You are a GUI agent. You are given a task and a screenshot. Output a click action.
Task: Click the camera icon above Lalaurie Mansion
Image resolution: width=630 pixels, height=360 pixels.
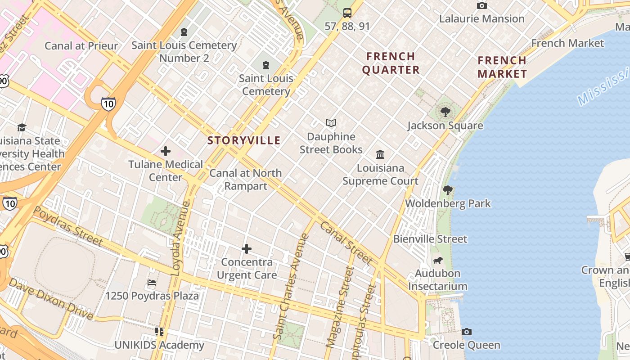(481, 6)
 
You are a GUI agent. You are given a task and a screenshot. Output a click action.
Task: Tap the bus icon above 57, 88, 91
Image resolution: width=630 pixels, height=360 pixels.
(347, 13)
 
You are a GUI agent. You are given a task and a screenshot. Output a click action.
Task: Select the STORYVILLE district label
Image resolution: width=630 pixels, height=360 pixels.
(244, 140)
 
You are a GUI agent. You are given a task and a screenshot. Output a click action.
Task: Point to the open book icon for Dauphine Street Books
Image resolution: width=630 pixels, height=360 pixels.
(331, 123)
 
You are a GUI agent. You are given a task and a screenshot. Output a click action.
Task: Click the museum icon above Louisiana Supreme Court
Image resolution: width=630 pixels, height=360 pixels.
(380, 154)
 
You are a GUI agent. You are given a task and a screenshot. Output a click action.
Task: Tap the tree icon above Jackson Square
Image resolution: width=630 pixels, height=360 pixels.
(445, 112)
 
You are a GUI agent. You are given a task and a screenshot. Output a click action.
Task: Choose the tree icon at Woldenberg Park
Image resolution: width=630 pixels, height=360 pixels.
(448, 190)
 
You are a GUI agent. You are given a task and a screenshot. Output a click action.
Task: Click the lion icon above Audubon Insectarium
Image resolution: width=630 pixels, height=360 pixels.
(437, 260)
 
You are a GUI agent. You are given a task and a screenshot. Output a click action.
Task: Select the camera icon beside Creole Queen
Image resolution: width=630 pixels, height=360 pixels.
(467, 332)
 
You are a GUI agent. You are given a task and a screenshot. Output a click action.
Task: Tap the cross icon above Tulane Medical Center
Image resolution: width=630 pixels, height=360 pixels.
(166, 151)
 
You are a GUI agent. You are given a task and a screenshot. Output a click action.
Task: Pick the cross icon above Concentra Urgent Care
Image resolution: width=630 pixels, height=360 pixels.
(247, 249)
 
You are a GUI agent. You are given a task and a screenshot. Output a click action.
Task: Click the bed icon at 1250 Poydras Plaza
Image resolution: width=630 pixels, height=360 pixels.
(152, 283)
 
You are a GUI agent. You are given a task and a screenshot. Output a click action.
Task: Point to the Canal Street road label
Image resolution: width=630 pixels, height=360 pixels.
(346, 243)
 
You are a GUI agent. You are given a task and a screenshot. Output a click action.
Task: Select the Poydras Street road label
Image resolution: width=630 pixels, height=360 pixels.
(68, 226)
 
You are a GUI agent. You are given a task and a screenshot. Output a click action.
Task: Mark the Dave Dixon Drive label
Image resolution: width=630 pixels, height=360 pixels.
(50, 299)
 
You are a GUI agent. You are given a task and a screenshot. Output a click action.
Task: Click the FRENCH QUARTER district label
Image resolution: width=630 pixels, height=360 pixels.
(391, 63)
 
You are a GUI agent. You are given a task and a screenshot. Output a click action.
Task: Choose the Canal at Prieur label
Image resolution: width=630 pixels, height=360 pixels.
(81, 46)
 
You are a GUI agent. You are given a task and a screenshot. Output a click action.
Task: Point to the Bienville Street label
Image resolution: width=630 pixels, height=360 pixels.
(430, 239)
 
